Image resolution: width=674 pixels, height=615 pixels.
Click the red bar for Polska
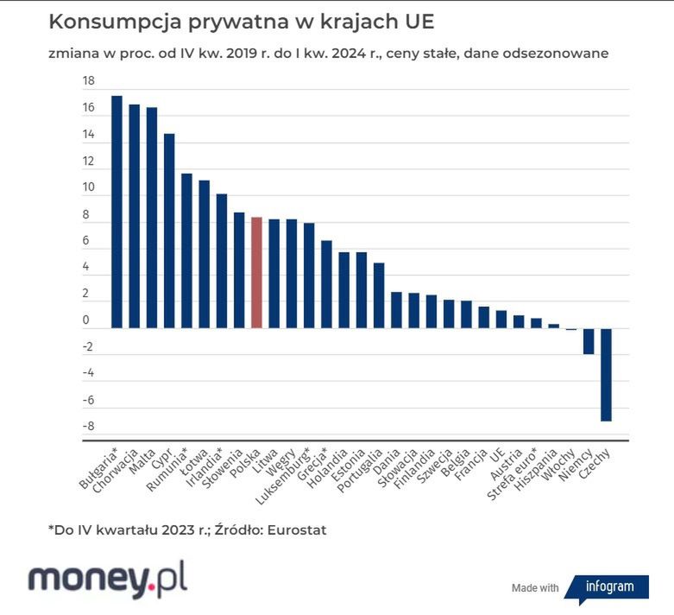coord(256,273)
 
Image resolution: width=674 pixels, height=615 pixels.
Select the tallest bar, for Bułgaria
coord(117,212)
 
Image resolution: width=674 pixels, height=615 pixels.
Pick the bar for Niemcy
coord(589,341)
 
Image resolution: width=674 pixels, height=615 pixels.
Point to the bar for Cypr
coord(169,231)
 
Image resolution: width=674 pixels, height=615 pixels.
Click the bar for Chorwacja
coord(135,216)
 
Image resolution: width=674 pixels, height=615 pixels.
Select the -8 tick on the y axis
coord(87,427)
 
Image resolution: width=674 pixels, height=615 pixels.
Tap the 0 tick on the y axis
coord(86,321)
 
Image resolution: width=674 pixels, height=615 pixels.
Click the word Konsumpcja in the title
coord(108,21)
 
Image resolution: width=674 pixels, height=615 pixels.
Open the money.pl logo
coord(108,579)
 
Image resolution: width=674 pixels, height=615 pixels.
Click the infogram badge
coord(609,586)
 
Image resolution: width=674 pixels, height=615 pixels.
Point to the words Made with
coord(535,588)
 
